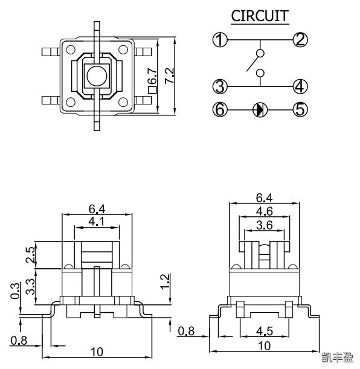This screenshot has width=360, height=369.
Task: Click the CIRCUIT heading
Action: [260, 16]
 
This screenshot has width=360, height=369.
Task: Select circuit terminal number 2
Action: [300, 40]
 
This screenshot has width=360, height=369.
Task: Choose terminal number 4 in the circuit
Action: [300, 86]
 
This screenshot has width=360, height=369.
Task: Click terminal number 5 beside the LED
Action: [300, 109]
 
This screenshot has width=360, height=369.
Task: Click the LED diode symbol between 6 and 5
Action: [260, 109]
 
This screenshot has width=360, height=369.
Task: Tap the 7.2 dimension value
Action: [170, 76]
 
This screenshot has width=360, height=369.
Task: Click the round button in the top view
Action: [95, 76]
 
